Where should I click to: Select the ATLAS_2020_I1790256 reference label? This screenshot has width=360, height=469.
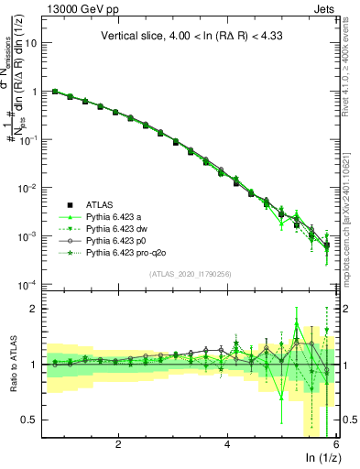pos(190,274)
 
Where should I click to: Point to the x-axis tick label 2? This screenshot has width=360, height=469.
pos(118,444)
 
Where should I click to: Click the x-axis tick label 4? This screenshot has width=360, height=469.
pos(227,444)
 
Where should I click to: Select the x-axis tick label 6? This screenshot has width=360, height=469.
pos(336,444)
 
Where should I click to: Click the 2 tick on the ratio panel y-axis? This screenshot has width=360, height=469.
pos(33,309)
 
